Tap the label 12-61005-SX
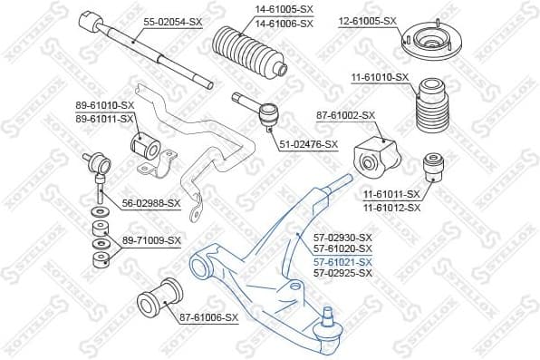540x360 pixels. pyautogui.click(x=368, y=20)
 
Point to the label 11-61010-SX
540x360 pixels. pyautogui.click(x=378, y=78)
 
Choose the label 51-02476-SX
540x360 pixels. pyautogui.click(x=307, y=143)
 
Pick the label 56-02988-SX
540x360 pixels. pyautogui.click(x=150, y=204)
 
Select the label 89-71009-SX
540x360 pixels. pyautogui.click(x=151, y=240)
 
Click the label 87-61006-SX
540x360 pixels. pyautogui.click(x=209, y=317)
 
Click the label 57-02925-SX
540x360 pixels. pyautogui.click(x=342, y=272)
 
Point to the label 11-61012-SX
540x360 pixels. pyautogui.click(x=391, y=207)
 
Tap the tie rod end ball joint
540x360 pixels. pyautogui.click(x=267, y=114)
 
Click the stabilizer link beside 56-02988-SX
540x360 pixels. pyautogui.click(x=98, y=177)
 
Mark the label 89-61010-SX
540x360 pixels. pyautogui.click(x=104, y=106)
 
